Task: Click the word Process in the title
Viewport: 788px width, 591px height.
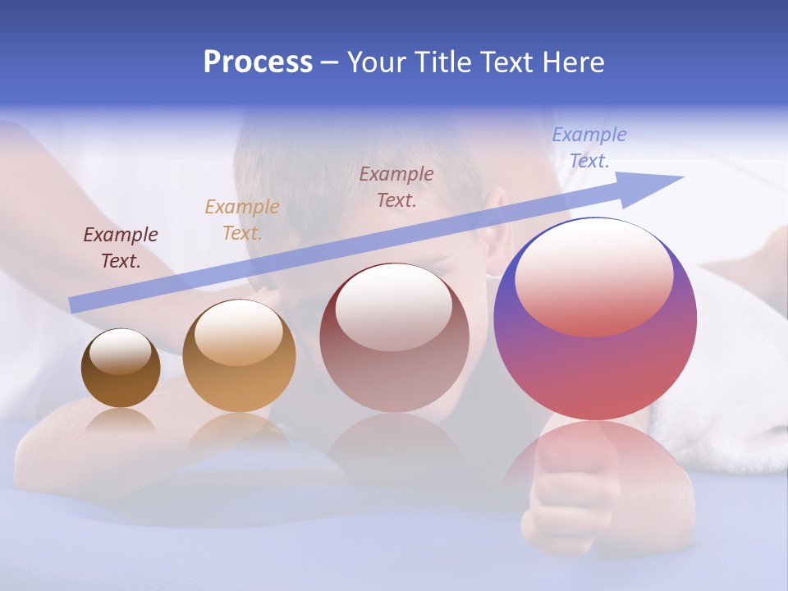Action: pos(258,62)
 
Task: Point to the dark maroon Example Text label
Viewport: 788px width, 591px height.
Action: pos(121,248)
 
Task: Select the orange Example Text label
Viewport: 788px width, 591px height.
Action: pos(242,220)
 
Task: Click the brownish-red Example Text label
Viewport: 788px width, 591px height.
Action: pos(396,187)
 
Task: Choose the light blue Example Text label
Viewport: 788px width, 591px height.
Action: pos(589,148)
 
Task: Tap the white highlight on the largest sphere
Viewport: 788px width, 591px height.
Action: pos(593,275)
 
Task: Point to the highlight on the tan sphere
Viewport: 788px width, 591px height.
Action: pos(238,332)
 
